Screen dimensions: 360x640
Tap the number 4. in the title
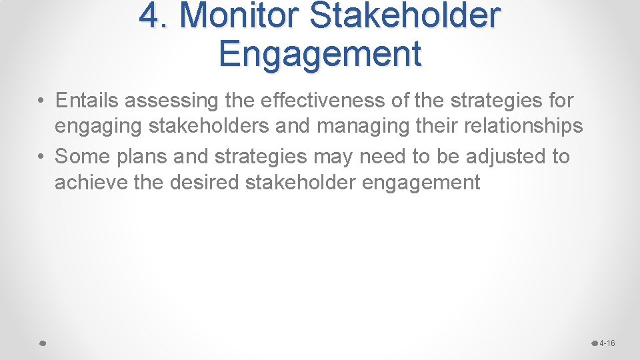155,16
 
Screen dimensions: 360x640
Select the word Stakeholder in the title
405,16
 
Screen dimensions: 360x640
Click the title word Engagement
319,53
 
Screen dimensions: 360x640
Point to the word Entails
87,101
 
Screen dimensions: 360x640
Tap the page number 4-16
607,343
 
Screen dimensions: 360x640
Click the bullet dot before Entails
41,101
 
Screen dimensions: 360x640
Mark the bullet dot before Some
41,157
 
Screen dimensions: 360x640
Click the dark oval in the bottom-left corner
41,343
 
